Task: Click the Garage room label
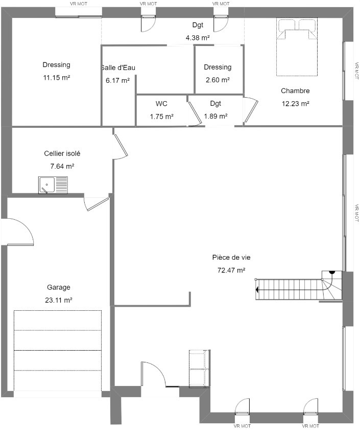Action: coord(58,287)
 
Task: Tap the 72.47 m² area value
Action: coord(231,270)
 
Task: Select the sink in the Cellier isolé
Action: coord(53,185)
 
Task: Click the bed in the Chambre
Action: coord(297,47)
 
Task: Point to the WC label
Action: coord(161,104)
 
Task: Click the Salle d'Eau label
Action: coord(118,67)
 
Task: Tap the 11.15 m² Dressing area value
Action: coord(56,78)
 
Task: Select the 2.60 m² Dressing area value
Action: coord(218,80)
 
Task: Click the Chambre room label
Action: coord(295,90)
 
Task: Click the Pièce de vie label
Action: coord(231,258)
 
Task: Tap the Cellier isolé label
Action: coord(62,153)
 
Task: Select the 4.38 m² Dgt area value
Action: coord(198,38)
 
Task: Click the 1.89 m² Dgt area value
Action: coord(215,116)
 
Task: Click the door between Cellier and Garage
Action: coord(95,203)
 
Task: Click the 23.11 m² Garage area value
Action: coord(59,300)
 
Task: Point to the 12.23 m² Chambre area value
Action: coord(295,104)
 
